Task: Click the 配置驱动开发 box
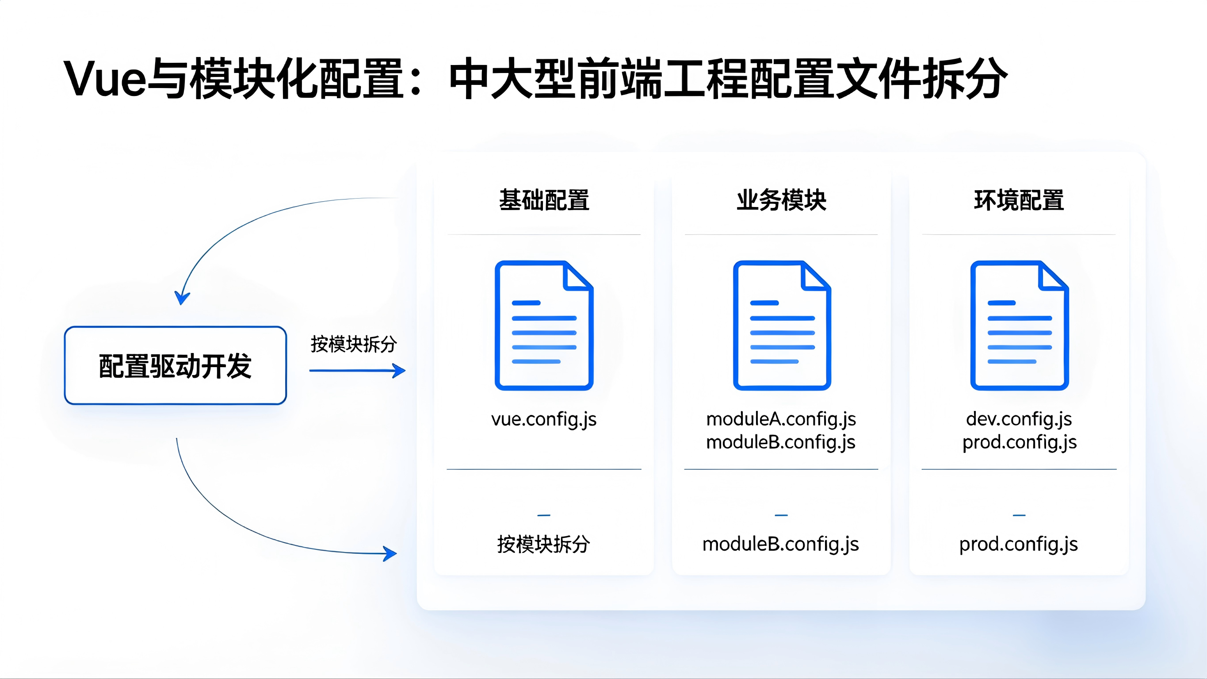[x=175, y=366]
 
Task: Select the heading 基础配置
[x=544, y=200]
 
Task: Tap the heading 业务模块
[x=781, y=200]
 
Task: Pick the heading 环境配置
[x=1019, y=200]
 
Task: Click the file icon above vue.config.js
[x=544, y=326]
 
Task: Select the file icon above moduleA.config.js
[x=782, y=326]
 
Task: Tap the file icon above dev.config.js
[x=1019, y=326]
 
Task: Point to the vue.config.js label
[x=544, y=419]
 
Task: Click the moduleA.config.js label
[x=781, y=419]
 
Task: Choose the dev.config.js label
[x=1019, y=419]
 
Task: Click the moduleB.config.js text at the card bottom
[x=781, y=545]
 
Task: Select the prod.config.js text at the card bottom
[x=1019, y=545]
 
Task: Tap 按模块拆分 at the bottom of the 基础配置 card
[x=543, y=545]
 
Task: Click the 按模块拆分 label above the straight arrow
[x=354, y=344]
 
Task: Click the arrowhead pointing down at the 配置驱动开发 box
[x=182, y=298]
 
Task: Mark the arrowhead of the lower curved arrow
[x=390, y=554]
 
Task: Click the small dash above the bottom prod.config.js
[x=1019, y=515]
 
